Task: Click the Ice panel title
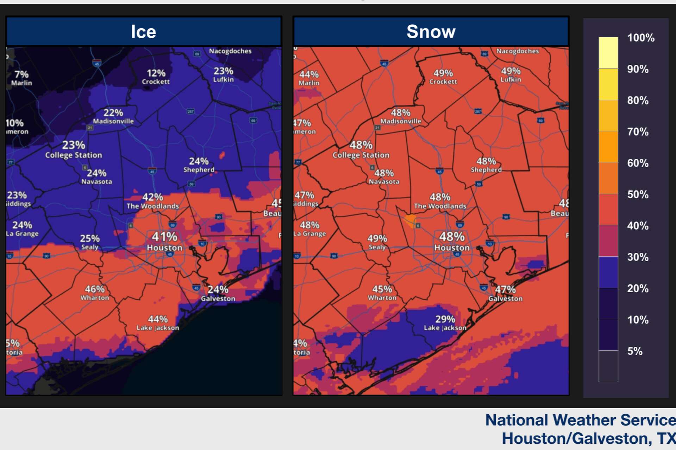[x=143, y=32]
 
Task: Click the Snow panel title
[x=431, y=32]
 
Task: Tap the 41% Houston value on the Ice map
[x=164, y=237]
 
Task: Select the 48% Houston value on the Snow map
[x=452, y=237]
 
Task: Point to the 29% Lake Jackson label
[x=445, y=323]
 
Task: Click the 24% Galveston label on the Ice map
[x=218, y=293]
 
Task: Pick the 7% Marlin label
[x=21, y=78]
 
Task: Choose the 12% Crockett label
[x=156, y=77]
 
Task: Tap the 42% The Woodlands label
[x=152, y=201]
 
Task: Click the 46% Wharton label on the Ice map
[x=95, y=292]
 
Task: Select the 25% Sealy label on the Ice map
[x=90, y=242]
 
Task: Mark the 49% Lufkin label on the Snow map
[x=511, y=75]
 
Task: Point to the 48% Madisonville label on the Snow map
[x=401, y=116]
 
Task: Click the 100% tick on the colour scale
[x=640, y=38]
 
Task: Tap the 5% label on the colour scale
[x=634, y=351]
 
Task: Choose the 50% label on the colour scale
[x=637, y=194]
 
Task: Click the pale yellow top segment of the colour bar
[x=608, y=53]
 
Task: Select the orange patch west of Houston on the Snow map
[x=411, y=219]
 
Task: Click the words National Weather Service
[x=580, y=420]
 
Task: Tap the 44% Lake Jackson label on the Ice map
[x=158, y=323]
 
